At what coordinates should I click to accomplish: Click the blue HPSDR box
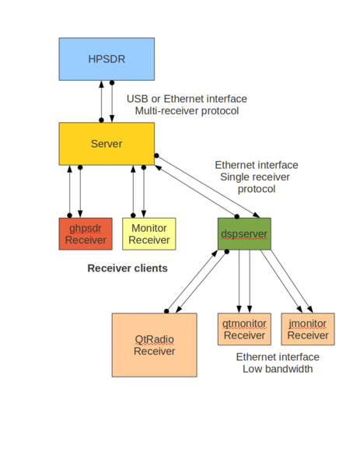(x=107, y=59)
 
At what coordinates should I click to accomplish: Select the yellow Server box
(x=107, y=143)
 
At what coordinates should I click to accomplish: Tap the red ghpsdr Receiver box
(x=85, y=234)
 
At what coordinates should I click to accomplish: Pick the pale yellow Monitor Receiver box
(x=149, y=234)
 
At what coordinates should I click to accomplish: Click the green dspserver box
(x=244, y=234)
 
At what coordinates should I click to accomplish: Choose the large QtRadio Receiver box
(x=154, y=345)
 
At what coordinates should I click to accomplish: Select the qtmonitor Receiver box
(x=244, y=329)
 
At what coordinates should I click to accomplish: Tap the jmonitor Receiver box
(x=308, y=329)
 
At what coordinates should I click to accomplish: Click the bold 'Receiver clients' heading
(x=128, y=268)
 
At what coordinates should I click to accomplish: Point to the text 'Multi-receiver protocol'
(x=187, y=111)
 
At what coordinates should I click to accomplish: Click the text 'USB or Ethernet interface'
(x=187, y=99)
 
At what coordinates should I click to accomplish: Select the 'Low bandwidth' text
(x=276, y=369)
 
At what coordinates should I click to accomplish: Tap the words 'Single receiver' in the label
(x=257, y=177)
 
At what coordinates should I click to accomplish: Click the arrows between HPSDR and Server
(x=107, y=100)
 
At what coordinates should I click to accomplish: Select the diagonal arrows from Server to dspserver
(x=206, y=187)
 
